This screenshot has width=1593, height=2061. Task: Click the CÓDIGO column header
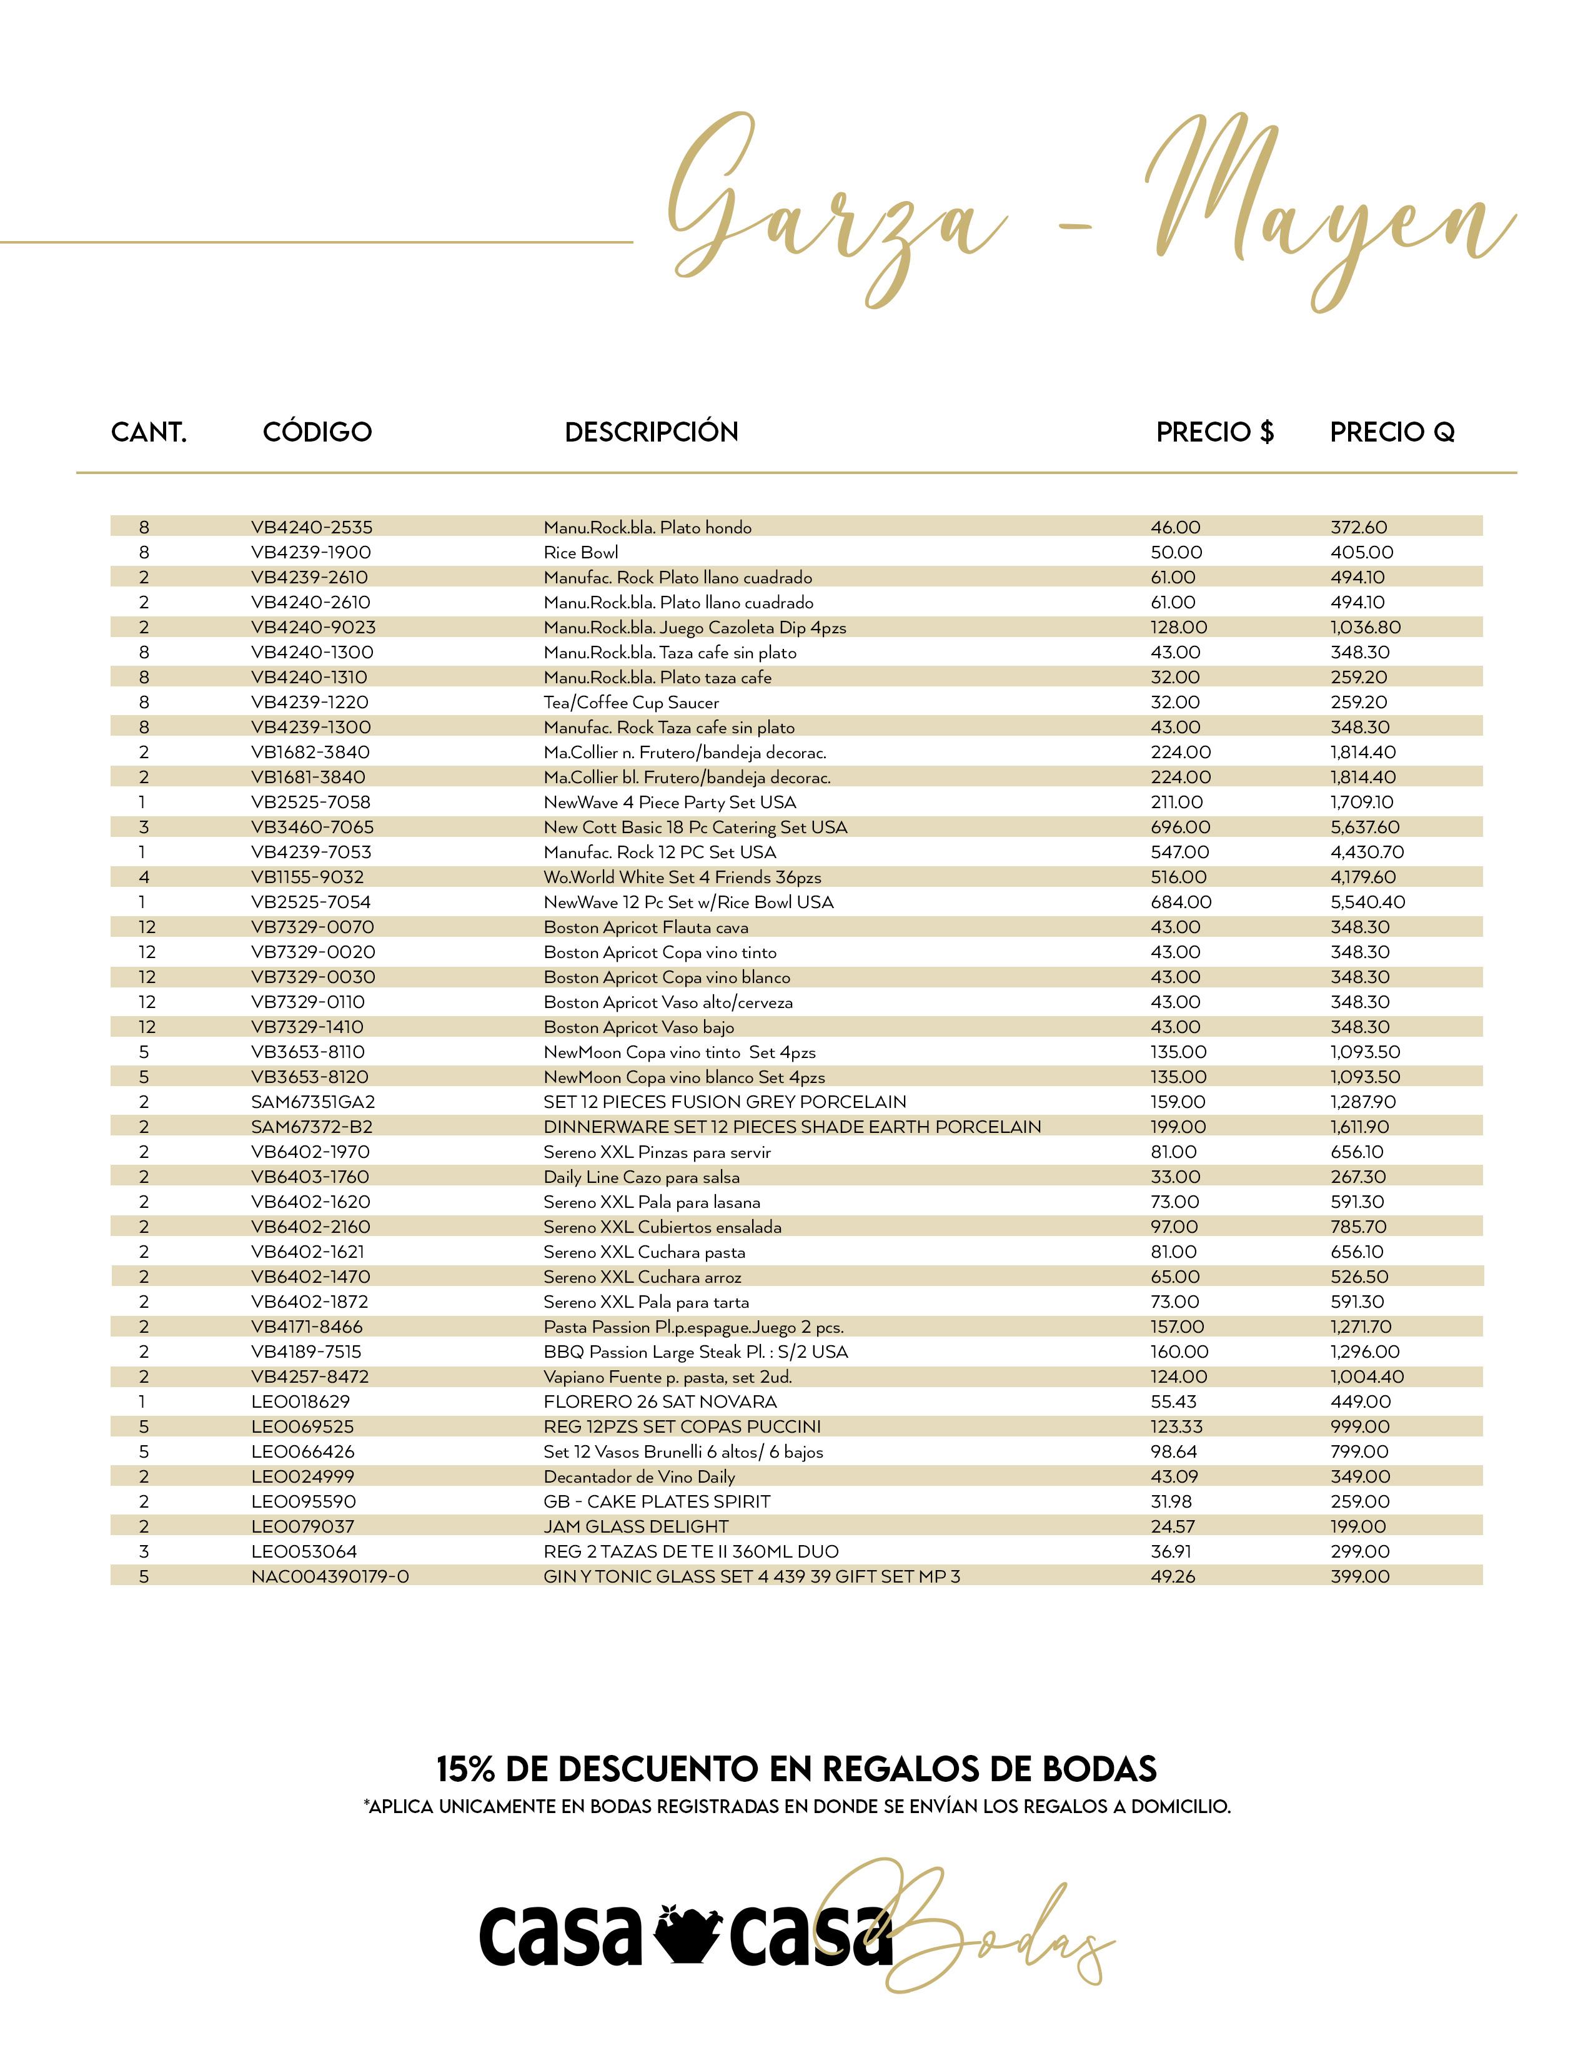[x=317, y=432]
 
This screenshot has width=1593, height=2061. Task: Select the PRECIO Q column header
[x=1392, y=432]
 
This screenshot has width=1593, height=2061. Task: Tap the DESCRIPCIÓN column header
[x=651, y=432]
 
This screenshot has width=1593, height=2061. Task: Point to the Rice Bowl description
[x=580, y=552]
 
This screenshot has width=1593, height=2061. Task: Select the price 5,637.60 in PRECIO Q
[x=1364, y=827]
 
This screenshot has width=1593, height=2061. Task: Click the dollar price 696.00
[x=1179, y=827]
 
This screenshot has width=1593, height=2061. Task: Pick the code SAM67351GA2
[x=312, y=1101]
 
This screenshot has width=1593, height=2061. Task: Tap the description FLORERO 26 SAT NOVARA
[x=660, y=1401]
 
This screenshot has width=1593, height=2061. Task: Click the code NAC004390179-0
[x=329, y=1576]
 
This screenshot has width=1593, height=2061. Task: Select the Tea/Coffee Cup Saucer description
[x=630, y=702]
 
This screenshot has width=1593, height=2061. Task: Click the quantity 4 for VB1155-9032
[x=144, y=877]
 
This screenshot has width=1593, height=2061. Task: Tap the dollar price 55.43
[x=1174, y=1401]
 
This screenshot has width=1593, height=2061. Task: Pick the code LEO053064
[x=304, y=1551]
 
